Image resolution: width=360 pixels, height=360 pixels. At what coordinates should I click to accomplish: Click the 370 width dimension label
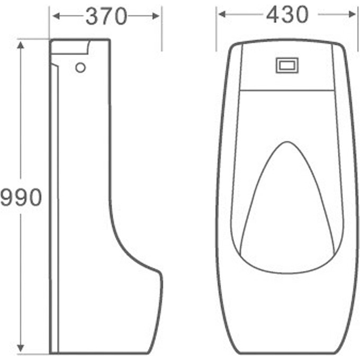pyautogui.click(x=106, y=17)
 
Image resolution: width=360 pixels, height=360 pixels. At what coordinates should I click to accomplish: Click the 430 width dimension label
pyautogui.click(x=287, y=15)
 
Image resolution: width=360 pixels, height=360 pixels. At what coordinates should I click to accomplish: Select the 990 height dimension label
pyautogui.click(x=21, y=197)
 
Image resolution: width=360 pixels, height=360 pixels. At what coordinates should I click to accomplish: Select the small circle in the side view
pyautogui.click(x=80, y=67)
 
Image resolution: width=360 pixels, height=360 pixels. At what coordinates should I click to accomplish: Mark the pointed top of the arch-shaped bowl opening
pyautogui.click(x=286, y=143)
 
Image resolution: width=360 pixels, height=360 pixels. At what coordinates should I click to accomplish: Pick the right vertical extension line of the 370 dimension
pyautogui.click(x=161, y=29)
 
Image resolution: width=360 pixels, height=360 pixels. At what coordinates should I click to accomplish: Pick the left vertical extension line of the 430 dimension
pyautogui.click(x=216, y=29)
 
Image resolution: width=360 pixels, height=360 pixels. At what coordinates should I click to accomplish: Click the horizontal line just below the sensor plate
pyautogui.click(x=286, y=89)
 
